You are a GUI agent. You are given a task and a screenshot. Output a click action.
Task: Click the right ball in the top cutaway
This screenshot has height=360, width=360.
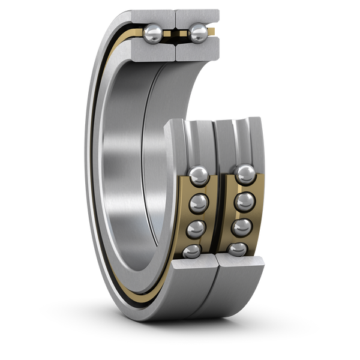pos(197,34)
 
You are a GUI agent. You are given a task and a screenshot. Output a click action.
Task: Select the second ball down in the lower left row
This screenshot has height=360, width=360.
pos(197,203)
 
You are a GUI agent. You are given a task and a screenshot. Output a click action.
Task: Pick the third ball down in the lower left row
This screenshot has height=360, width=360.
pos(196,229)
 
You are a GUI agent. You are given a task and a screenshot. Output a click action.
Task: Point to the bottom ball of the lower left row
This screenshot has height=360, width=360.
pos(193,250)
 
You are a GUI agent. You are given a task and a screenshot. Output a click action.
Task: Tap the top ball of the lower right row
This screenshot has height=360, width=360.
pos(245,175)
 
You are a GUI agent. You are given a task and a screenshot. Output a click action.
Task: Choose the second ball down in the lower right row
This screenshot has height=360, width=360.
pos(244,202)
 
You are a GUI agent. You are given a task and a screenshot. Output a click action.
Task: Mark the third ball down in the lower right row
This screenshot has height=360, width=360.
pos(242,228)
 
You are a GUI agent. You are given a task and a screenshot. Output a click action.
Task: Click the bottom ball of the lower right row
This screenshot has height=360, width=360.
pos(238,250)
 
